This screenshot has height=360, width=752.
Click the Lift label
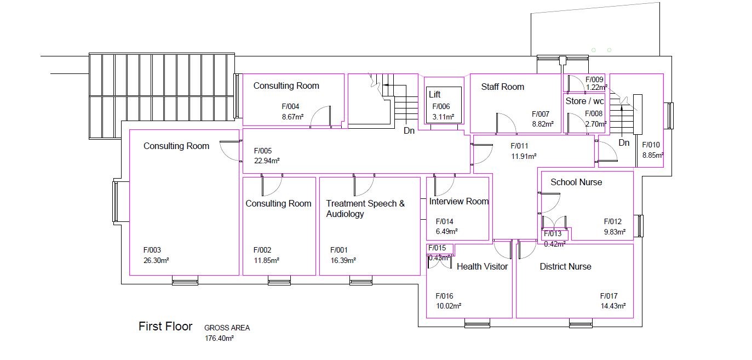434,95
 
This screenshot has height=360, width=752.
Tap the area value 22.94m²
267,161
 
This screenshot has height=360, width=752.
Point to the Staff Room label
502,87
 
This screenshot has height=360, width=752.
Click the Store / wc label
584,101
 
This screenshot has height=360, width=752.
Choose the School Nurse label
576,182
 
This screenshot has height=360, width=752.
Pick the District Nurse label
565,266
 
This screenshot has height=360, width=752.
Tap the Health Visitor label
482,266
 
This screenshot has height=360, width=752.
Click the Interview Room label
458,201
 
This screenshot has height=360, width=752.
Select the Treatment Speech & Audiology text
365,209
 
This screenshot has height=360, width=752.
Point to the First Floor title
165,327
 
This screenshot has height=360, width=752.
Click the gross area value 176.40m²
219,339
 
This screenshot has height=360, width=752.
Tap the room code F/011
519,146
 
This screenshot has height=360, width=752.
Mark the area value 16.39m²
343,260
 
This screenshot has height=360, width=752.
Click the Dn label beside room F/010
624,143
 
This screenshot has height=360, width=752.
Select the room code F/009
594,79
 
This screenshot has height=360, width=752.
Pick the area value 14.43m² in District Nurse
613,306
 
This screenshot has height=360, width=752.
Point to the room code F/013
553,234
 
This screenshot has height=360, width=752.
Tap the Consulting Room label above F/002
278,203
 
